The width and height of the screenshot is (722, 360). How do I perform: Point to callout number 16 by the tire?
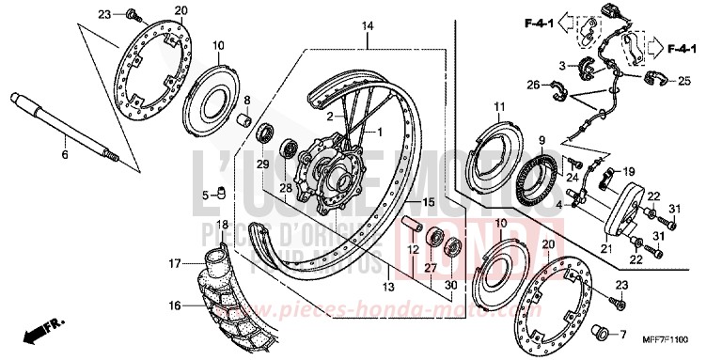[174, 306]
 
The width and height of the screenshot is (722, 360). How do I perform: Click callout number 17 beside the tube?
[174, 264]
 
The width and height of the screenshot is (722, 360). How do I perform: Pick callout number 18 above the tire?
[222, 225]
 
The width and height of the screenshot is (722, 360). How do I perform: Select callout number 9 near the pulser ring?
[541, 141]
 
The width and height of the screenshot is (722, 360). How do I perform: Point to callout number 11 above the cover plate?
[500, 105]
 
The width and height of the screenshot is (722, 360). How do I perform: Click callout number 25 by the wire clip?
[683, 81]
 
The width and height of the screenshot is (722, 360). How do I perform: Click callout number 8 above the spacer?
[247, 100]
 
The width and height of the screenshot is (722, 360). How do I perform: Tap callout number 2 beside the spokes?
[330, 117]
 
